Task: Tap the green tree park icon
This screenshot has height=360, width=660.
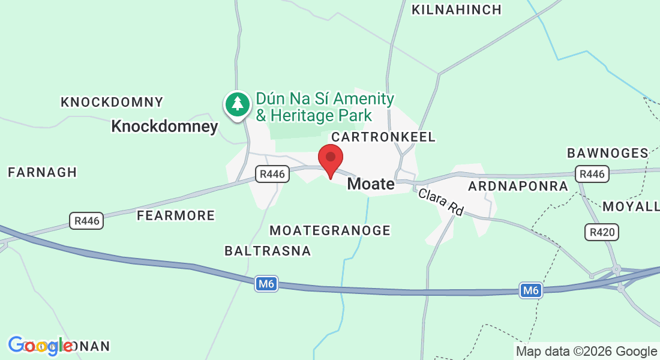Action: coord(238,104)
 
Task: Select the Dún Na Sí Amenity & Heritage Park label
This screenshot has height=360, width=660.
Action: coord(325,107)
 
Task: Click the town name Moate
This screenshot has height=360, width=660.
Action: coord(371,184)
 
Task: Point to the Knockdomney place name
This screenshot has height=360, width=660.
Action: coord(165,127)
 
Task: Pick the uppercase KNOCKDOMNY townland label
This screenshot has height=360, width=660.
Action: coord(112,103)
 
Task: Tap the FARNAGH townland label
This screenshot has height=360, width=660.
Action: coord(43,173)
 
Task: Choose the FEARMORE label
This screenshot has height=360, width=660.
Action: coord(176,215)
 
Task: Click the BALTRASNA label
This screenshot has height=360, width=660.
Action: coord(268,251)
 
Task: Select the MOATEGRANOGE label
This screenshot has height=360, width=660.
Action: coord(330,230)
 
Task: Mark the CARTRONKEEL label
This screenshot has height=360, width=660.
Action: coord(383,137)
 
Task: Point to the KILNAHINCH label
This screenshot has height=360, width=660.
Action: coord(456,10)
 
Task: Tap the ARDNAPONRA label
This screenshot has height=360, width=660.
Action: coord(518,186)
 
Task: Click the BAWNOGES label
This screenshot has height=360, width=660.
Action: coord(608,153)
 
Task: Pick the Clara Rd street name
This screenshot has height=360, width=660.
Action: coord(441,202)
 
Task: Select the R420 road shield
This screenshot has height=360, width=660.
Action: coord(601,232)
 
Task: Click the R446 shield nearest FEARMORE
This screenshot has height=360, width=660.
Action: coord(86,221)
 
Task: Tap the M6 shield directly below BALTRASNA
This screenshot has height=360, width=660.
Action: coord(266,284)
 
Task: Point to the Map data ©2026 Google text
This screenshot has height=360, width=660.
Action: coord(586,352)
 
